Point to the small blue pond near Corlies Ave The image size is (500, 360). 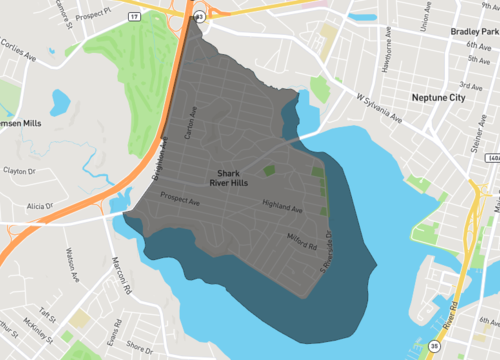pyautogui.click(x=59, y=101)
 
